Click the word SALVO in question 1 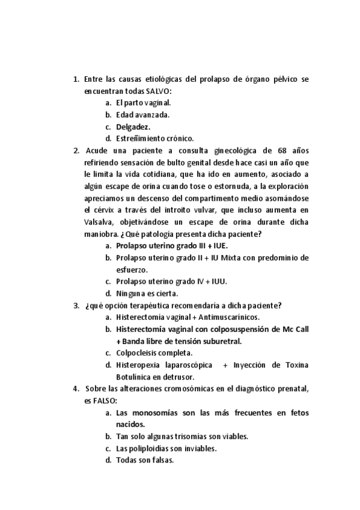pos(157,91)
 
